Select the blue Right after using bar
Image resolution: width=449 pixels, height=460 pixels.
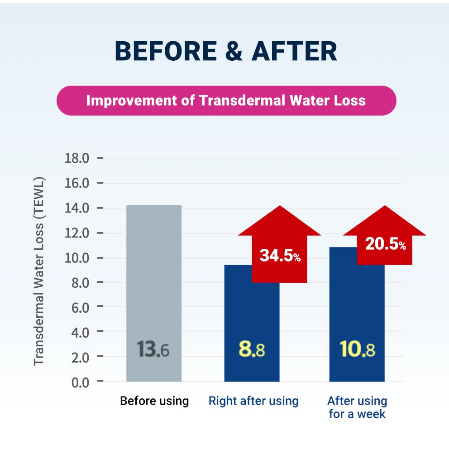(x=252, y=317)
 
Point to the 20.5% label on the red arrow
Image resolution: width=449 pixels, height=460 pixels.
(x=385, y=244)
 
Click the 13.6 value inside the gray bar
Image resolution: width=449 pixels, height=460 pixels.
(x=153, y=349)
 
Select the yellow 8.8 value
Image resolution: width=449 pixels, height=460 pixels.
(x=252, y=349)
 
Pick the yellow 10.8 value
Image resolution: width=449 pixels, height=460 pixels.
(x=357, y=349)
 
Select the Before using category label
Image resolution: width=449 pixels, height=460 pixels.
(x=154, y=401)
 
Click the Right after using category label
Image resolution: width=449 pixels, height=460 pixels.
(x=253, y=401)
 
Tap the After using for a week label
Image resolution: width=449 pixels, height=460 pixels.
(x=357, y=407)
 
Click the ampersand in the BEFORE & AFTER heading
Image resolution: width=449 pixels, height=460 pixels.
(x=234, y=51)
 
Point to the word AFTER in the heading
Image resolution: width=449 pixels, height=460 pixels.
(x=295, y=51)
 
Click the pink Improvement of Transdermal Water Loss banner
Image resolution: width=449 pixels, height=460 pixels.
(x=226, y=100)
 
